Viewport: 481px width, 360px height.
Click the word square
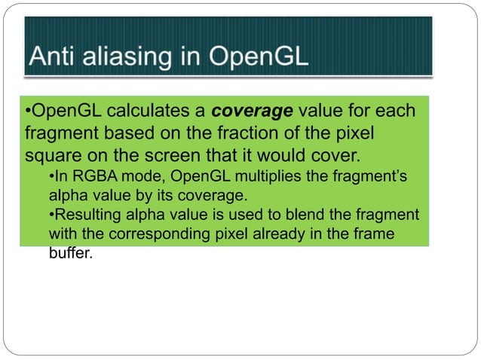click(x=47, y=157)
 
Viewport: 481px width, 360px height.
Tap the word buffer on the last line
click(x=69, y=254)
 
